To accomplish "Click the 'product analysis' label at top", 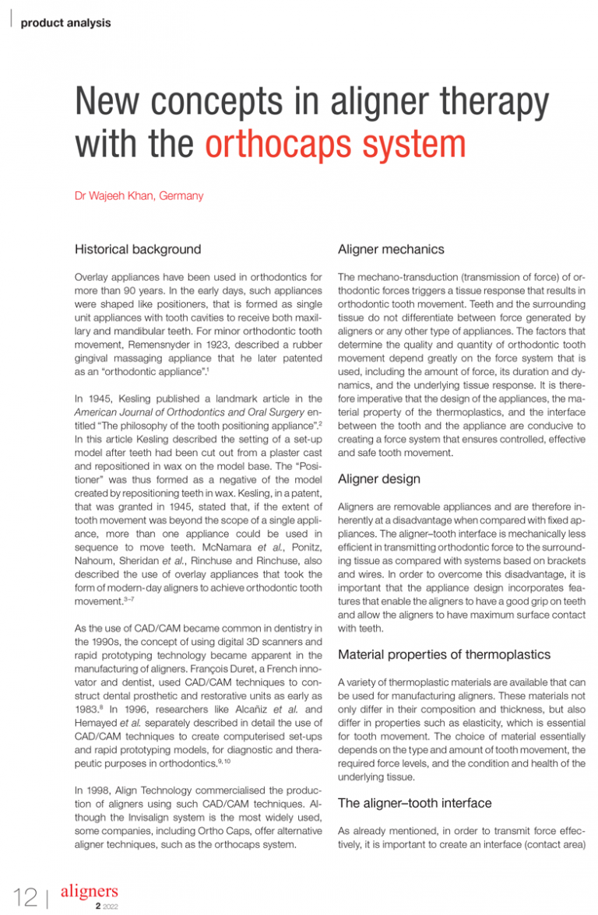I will pyautogui.click(x=65, y=23).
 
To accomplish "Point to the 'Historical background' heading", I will pyautogui.click(x=137, y=250).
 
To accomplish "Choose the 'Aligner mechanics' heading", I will pyautogui.click(x=391, y=250).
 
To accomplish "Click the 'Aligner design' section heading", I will pyautogui.click(x=378, y=479).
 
